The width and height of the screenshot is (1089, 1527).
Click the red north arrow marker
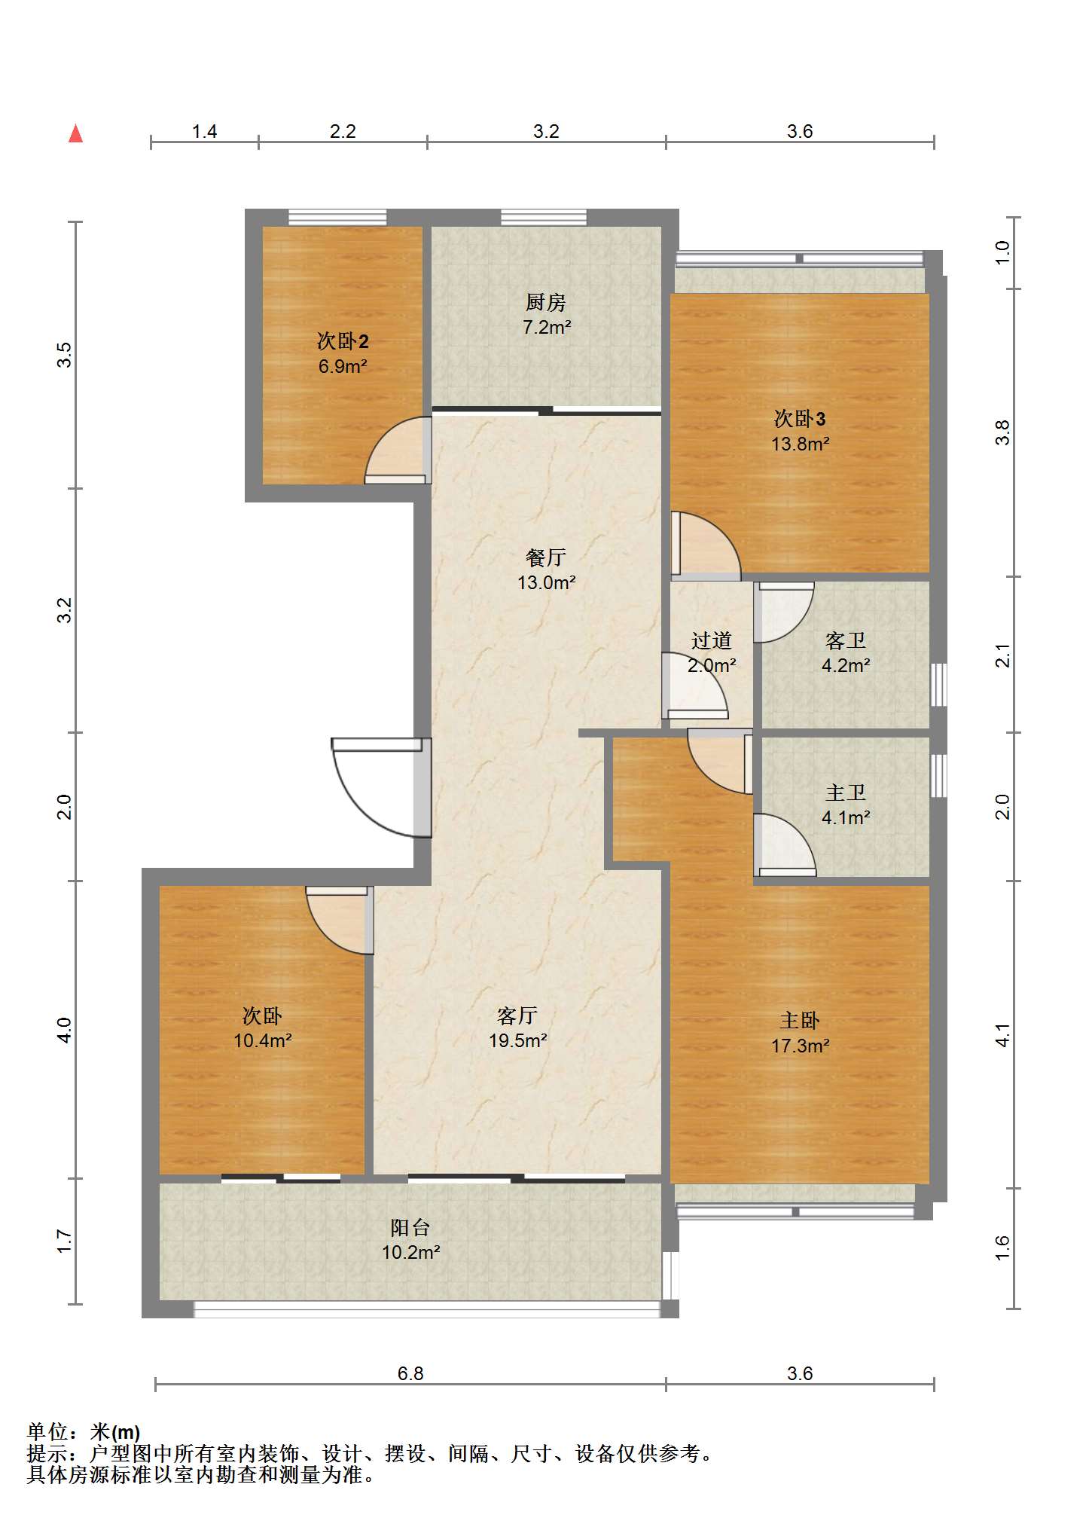tap(75, 133)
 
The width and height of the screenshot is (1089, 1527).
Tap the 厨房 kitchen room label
tap(546, 302)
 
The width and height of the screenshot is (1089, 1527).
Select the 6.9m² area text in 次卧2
tap(343, 366)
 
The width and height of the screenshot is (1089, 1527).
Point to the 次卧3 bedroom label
tap(800, 419)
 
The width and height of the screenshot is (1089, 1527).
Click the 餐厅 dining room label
tap(546, 557)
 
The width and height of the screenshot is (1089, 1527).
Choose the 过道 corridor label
tap(712, 640)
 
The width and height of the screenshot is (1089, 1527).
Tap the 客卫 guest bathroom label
tap(846, 640)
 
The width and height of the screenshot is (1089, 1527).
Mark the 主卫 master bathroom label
tap(846, 793)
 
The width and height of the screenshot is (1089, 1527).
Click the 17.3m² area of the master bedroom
tap(800, 1046)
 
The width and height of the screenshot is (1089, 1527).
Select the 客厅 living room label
tap(517, 1015)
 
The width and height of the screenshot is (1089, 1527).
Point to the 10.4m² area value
tap(262, 1040)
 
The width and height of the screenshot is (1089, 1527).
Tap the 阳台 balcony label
tap(410, 1227)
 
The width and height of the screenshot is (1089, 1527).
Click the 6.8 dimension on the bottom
tap(410, 1373)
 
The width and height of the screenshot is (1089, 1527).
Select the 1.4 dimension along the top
tap(204, 131)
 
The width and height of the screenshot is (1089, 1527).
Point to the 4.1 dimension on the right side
tap(1002, 1035)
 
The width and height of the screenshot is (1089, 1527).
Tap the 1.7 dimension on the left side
tap(65, 1241)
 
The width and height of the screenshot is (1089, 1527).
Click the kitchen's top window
tap(544, 218)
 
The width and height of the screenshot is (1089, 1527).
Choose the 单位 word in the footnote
tap(47, 1431)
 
